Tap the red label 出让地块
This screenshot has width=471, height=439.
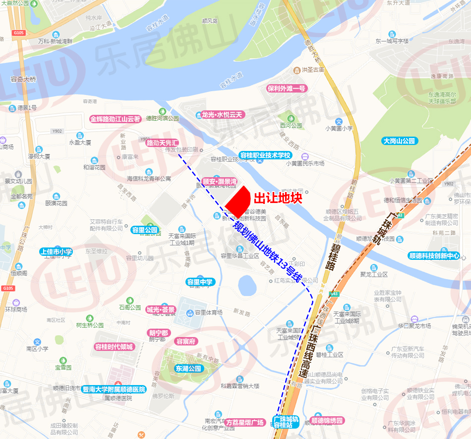point(278,198)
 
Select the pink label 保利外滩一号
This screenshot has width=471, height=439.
point(287,89)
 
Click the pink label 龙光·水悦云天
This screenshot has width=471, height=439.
point(222,114)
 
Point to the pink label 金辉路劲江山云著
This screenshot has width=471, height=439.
point(116,119)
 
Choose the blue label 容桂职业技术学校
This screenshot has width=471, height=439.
point(265,155)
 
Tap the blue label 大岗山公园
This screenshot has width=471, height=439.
point(400,141)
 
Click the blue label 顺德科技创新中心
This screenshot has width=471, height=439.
point(434,256)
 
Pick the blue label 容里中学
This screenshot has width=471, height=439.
point(200,282)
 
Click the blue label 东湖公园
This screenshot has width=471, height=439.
point(188,368)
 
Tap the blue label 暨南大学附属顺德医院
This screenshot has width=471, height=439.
point(114,390)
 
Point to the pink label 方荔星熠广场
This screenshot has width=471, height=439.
point(245,423)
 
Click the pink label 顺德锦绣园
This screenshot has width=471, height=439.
point(326,421)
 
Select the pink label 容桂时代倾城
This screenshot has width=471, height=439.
point(115,346)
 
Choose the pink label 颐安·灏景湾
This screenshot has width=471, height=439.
point(220,182)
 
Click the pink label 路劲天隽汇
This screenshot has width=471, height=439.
point(163,143)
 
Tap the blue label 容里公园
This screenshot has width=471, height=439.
point(145,230)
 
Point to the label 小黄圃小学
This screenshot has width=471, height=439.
point(339,128)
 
